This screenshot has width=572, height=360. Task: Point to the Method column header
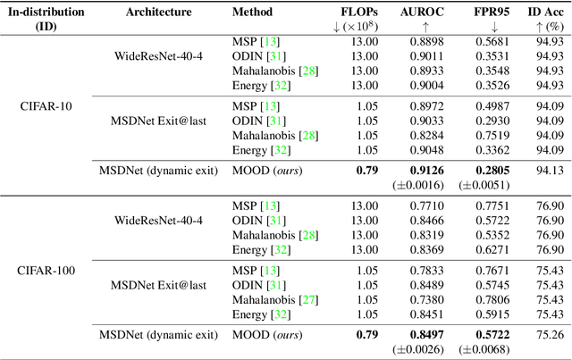pos(253,14)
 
